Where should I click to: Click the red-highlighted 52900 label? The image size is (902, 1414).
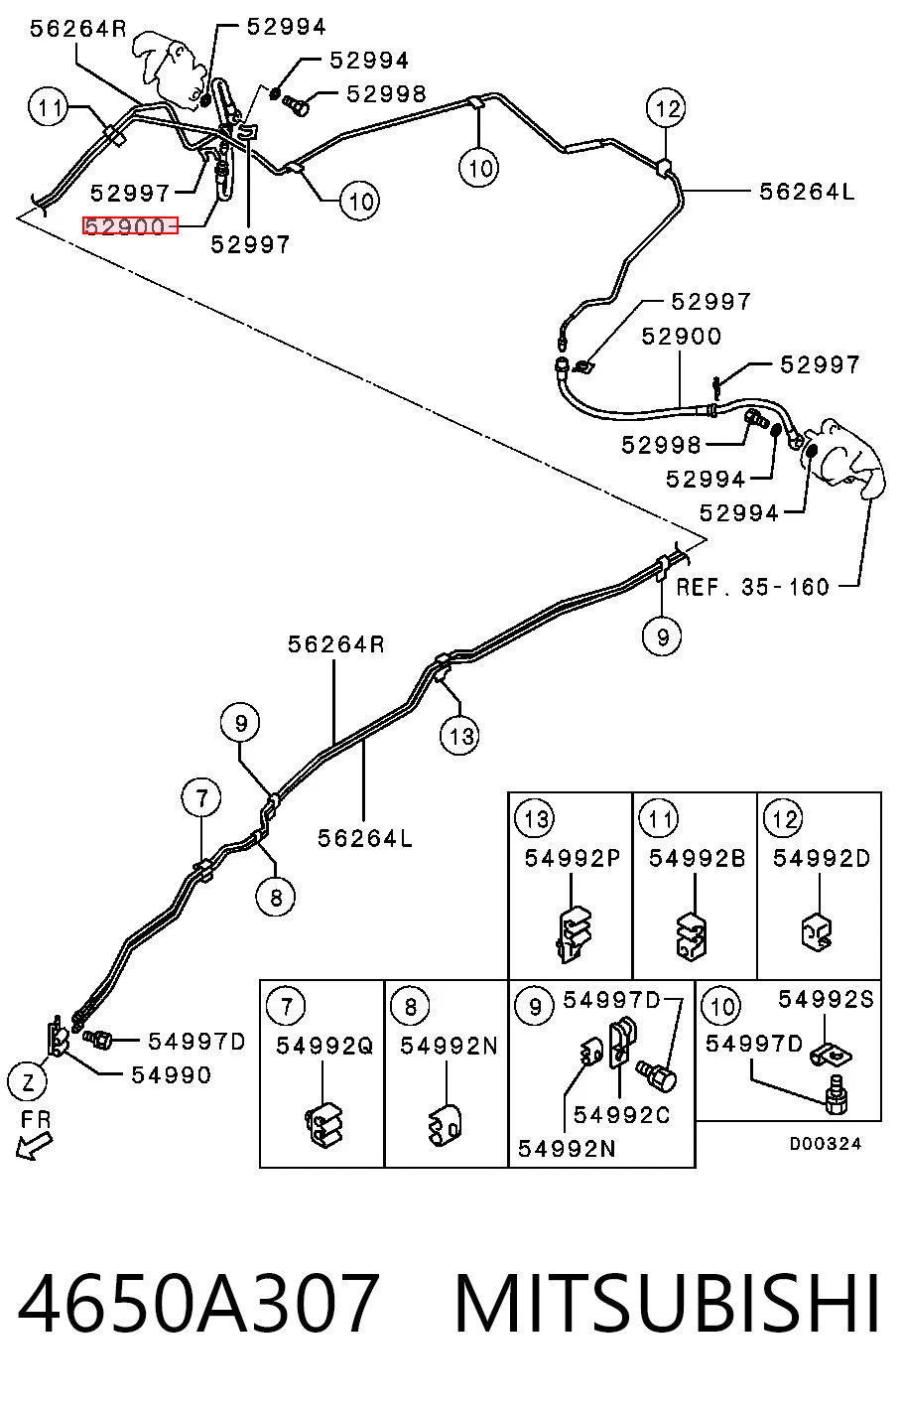(x=130, y=225)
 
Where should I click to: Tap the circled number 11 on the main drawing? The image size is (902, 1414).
(x=50, y=107)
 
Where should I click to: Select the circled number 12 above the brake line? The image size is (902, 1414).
(x=666, y=108)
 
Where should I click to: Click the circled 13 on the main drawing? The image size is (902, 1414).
(x=459, y=736)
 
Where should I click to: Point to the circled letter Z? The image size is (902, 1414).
(x=27, y=1083)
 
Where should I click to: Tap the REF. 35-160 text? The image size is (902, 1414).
(x=752, y=587)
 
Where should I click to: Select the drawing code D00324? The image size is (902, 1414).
(x=825, y=1143)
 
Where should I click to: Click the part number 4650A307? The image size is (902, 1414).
(x=198, y=1303)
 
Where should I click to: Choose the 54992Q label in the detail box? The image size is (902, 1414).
(x=324, y=1046)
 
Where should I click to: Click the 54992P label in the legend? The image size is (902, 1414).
(x=573, y=858)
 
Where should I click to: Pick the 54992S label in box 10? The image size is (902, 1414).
(x=826, y=999)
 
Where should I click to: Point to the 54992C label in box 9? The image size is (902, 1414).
(x=621, y=1115)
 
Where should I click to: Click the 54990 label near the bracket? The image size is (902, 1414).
(x=171, y=1075)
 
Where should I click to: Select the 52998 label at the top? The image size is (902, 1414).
(x=386, y=94)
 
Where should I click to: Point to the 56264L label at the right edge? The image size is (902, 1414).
(x=807, y=192)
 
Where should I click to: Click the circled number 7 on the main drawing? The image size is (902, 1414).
(x=201, y=798)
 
